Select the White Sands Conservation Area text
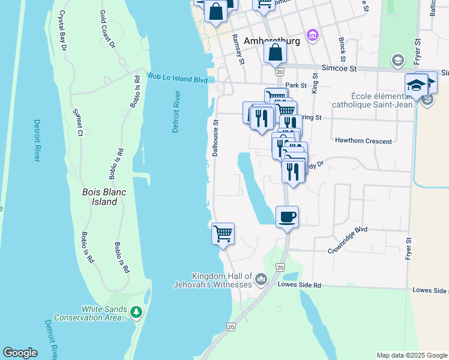click(x=91, y=313)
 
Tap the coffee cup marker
click(x=288, y=217)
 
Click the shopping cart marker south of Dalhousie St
click(x=223, y=233)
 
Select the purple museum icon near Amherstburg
click(x=312, y=36)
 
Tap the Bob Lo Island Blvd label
click(x=178, y=78)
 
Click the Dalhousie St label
click(x=215, y=137)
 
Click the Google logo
click(x=20, y=353)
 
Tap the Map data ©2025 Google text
click(x=412, y=355)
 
